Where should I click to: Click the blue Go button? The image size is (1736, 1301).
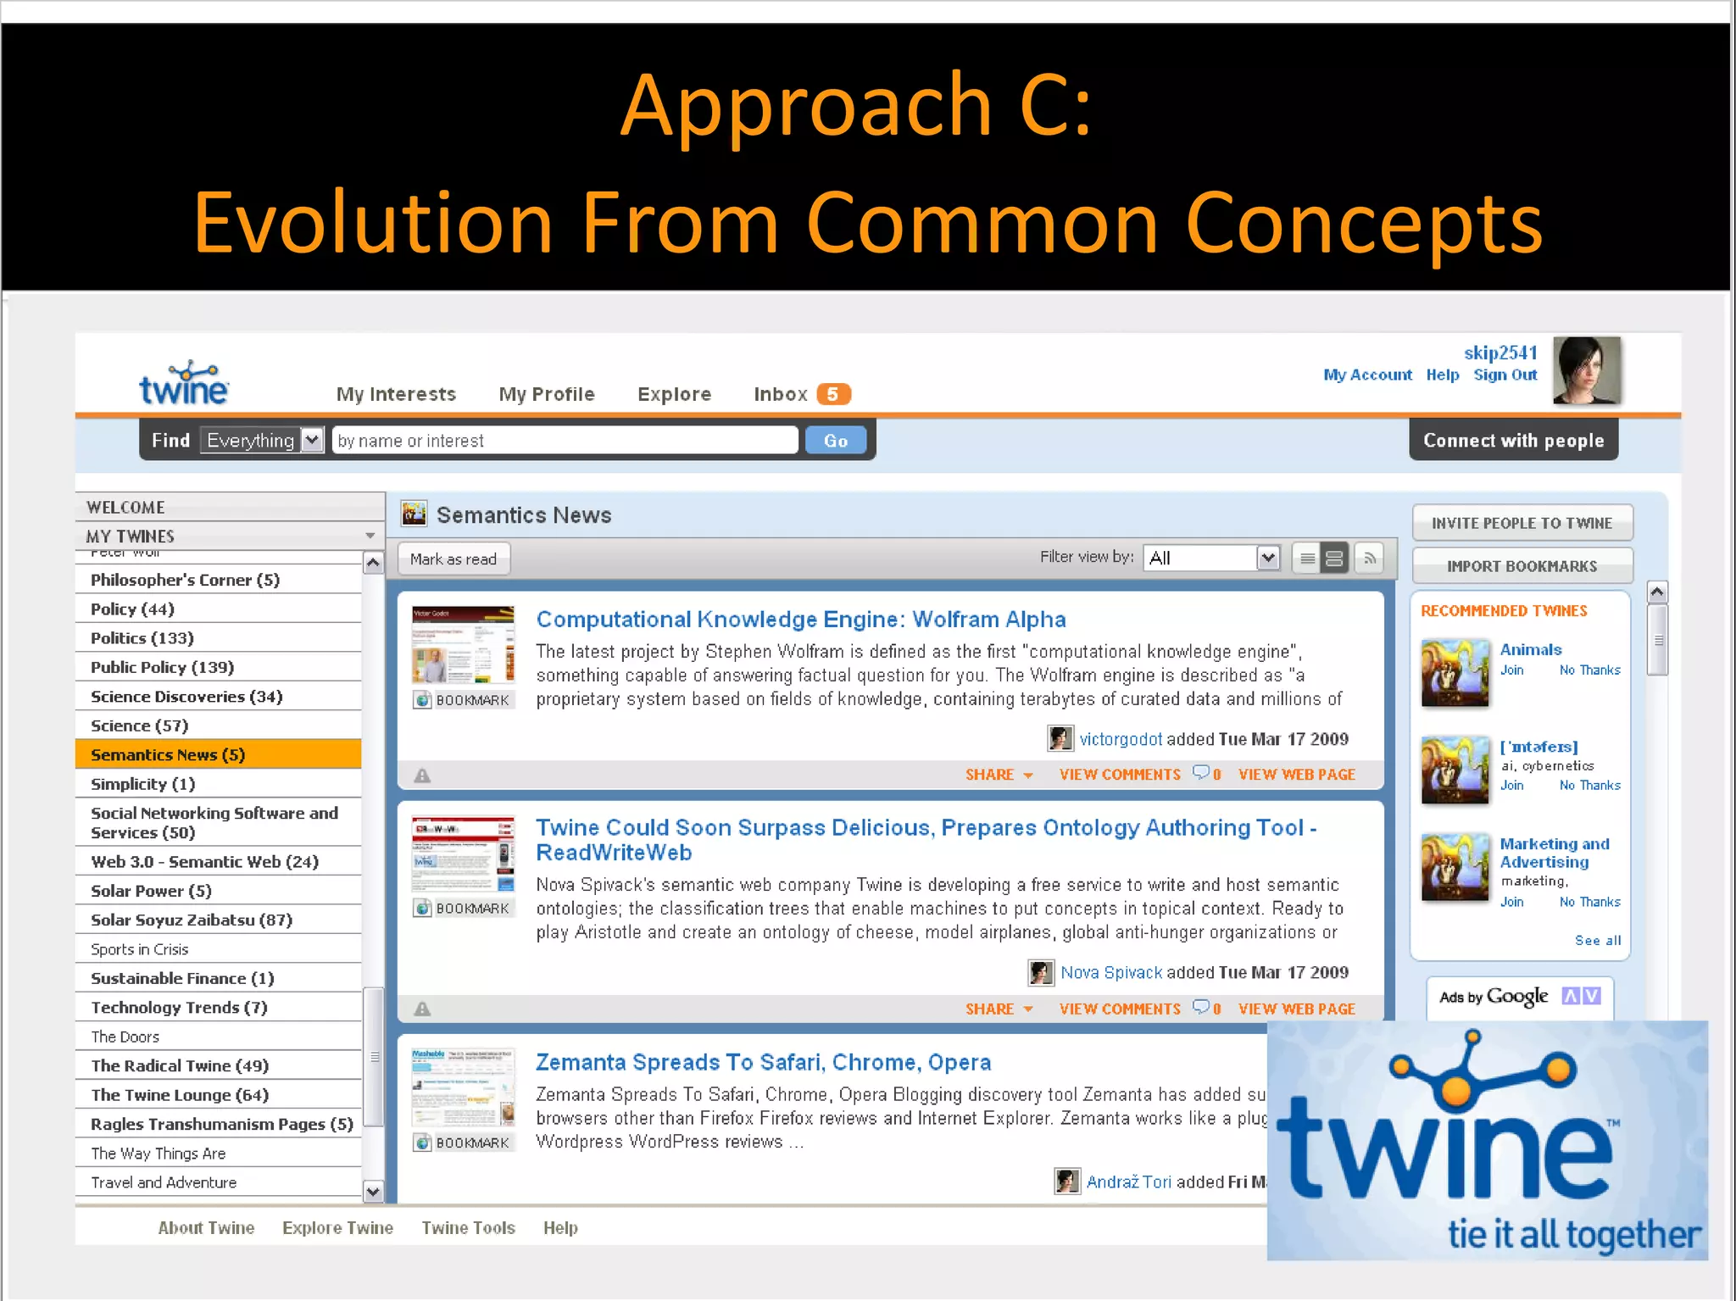tap(835, 441)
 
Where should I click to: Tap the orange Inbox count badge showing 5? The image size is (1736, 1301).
tap(832, 394)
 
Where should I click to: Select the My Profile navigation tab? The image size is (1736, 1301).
tap(547, 394)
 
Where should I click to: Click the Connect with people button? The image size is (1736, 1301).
tap(1513, 440)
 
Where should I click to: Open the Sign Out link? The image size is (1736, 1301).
tap(1505, 375)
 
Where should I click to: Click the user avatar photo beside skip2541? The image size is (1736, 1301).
tap(1586, 370)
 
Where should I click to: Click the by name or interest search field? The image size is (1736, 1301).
tap(565, 441)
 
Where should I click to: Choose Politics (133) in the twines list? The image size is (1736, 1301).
tap(142, 638)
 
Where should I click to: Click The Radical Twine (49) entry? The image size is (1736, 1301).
tap(180, 1065)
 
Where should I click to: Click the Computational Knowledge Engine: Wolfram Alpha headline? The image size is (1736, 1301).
tap(800, 620)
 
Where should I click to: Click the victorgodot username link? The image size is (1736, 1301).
tap(1120, 739)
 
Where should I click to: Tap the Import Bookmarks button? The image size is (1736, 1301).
tap(1522, 566)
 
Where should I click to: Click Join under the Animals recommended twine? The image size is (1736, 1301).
tap(1511, 670)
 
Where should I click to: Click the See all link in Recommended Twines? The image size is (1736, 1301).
tap(1597, 940)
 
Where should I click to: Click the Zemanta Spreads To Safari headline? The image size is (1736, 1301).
tap(763, 1062)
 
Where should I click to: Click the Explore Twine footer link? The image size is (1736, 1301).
tap(337, 1227)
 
